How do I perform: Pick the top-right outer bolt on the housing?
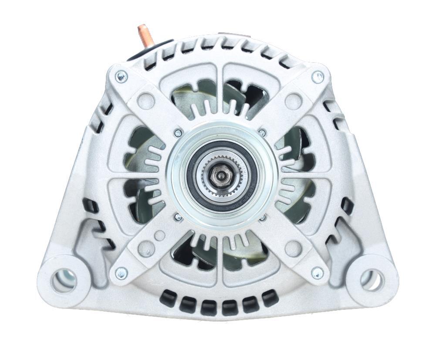[318, 77]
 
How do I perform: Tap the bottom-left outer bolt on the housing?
[121, 273]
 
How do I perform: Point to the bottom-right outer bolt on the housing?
[318, 273]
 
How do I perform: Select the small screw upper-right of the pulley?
[262, 132]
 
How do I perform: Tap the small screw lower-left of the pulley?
[178, 217]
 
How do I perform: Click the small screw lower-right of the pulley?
[263, 217]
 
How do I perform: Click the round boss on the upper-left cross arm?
[146, 102]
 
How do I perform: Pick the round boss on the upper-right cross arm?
[293, 102]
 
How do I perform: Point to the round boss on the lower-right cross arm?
[293, 248]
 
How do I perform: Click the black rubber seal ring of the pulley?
[192, 174]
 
